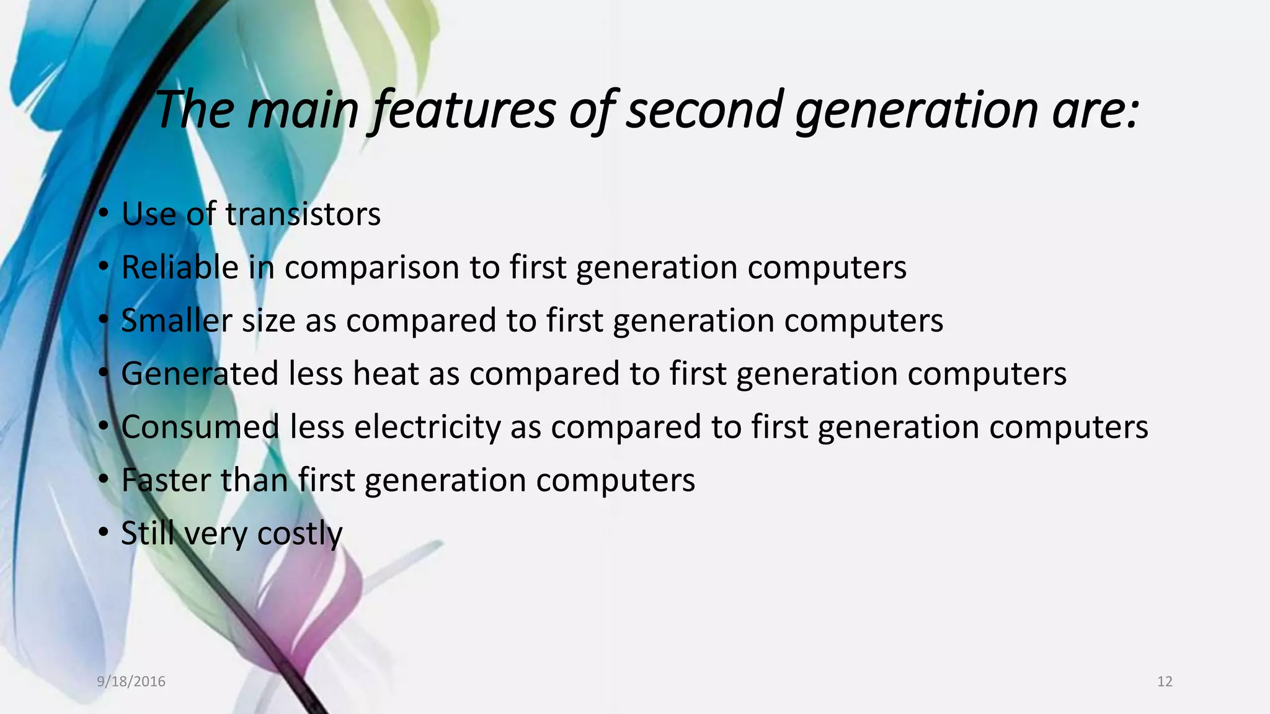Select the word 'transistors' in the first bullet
coord(303,214)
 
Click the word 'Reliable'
coord(180,268)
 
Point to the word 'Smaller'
coord(176,321)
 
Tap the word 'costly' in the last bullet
coord(300,534)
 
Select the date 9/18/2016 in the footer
coord(131,682)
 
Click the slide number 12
coord(1165,682)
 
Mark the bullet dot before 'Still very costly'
coord(104,532)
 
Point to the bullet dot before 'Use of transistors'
coord(104,213)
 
